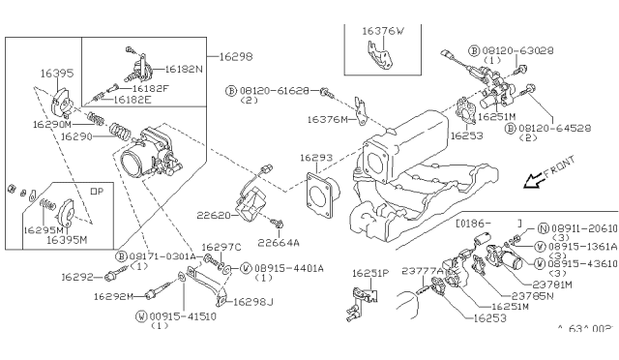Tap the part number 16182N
pyautogui.click(x=182, y=72)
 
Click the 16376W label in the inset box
pyautogui.click(x=384, y=31)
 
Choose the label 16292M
pyautogui.click(x=113, y=296)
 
